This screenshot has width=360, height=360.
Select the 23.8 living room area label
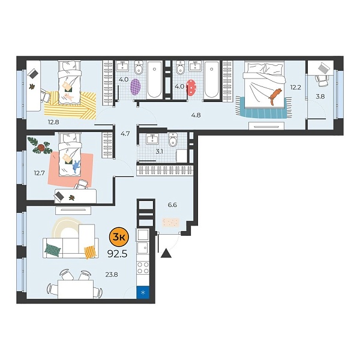coord(111,275)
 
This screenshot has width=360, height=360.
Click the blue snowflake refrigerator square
coord(143,293)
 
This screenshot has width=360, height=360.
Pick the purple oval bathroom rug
coord(135,87)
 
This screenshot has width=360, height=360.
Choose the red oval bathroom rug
coord(192,88)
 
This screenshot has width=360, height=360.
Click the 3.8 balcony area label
coord(320,96)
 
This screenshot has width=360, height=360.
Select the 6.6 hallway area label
coord(172,205)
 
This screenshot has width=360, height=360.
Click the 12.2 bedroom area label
coord(295,88)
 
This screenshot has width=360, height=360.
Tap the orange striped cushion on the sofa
coord(90,252)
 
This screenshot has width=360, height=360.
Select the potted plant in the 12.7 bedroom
coord(42,145)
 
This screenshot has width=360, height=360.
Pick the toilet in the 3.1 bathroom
coord(173,142)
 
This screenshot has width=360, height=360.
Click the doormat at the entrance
coord(171,222)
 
